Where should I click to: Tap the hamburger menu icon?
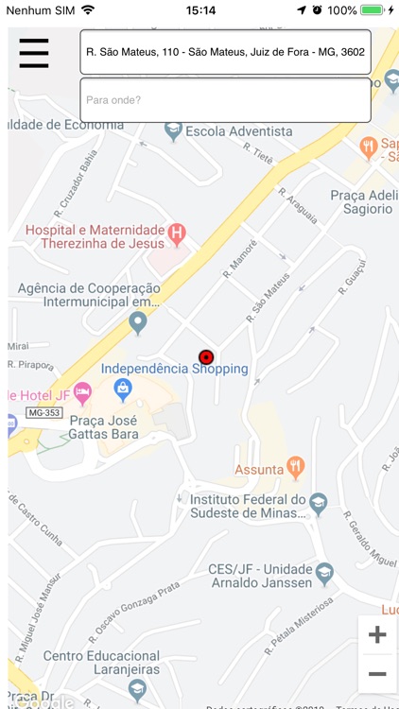(33, 53)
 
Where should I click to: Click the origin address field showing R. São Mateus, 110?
(225, 52)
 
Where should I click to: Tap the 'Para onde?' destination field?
(225, 99)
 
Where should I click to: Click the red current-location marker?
(206, 356)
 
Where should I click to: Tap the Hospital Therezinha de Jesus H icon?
(176, 232)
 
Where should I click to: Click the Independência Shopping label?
(174, 370)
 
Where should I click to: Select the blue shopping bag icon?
(123, 389)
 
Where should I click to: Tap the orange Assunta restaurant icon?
(297, 466)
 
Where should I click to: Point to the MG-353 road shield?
(43, 413)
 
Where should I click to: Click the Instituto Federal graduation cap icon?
(319, 502)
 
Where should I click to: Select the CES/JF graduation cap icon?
(324, 572)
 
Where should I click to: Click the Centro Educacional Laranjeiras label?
(101, 663)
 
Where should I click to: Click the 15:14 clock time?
(200, 10)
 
